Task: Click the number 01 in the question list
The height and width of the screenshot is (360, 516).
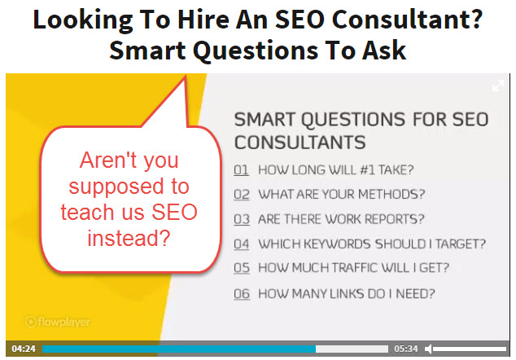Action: point(241,170)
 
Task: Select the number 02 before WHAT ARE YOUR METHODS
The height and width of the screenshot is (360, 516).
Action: point(242,195)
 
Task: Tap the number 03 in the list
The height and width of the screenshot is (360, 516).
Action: point(242,219)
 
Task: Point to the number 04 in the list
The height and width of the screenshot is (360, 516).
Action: point(241,244)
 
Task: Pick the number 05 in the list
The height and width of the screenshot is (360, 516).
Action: point(242,268)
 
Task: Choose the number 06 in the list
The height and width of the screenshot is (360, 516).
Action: point(242,293)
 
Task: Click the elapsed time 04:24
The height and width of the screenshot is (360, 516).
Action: point(24,349)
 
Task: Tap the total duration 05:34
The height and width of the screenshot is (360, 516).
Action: point(406,349)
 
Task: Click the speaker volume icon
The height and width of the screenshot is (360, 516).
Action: point(428,349)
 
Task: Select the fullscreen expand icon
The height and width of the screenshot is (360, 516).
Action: point(498,86)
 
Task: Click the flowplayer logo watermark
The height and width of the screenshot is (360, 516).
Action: point(58,322)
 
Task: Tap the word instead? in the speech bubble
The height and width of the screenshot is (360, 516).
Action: point(129,238)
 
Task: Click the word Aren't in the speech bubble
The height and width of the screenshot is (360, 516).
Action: point(107,160)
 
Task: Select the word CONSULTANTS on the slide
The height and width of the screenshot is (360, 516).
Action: point(300,143)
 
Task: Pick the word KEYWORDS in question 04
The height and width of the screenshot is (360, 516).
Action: point(337,244)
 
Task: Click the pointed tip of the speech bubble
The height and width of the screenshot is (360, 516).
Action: point(186,77)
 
